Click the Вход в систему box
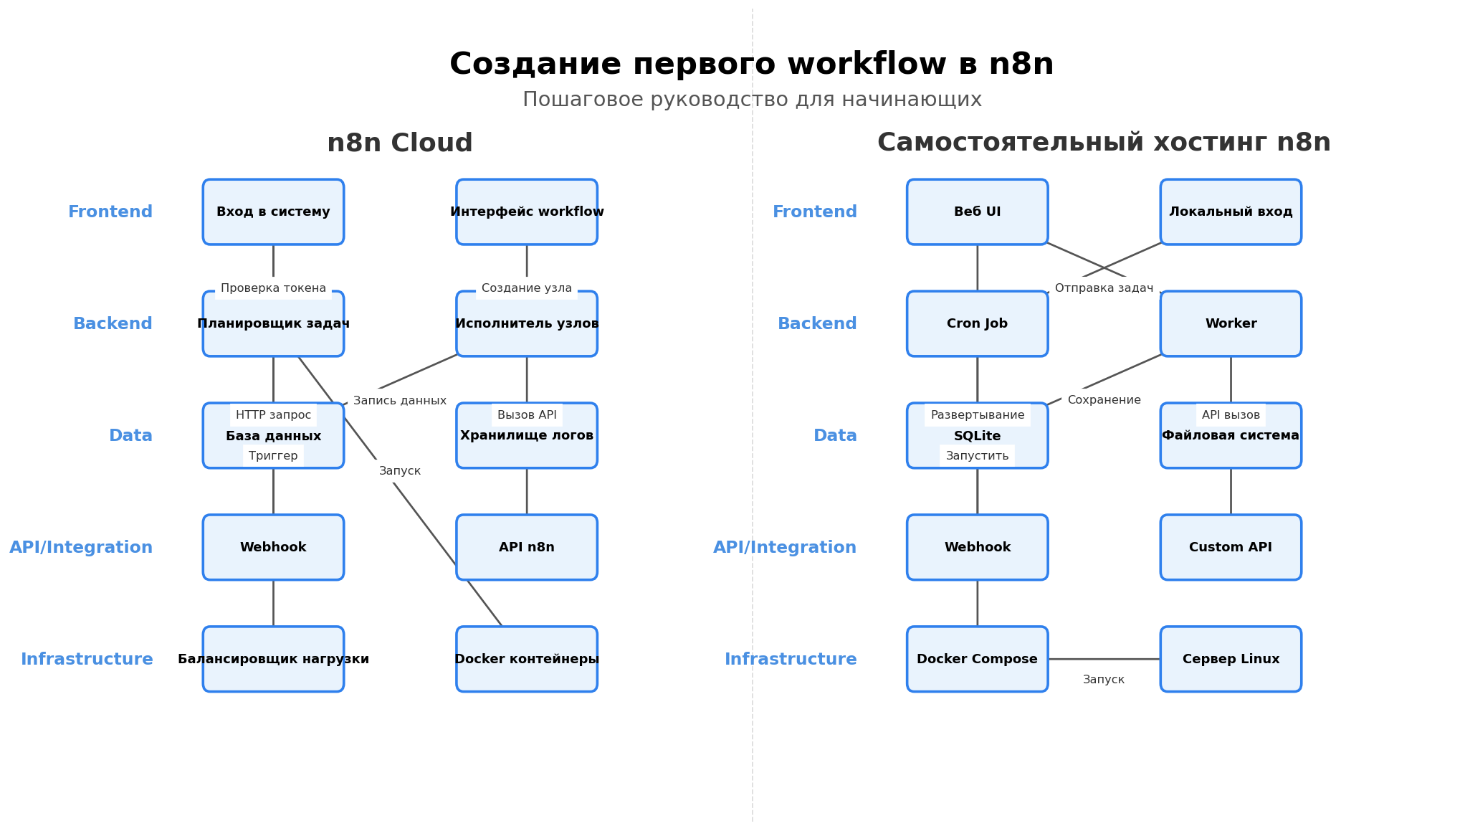pyautogui.click(x=273, y=212)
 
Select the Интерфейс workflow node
pyautogui.click(x=527, y=212)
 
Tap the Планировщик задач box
pyautogui.click(x=273, y=324)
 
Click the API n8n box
pyautogui.click(x=527, y=548)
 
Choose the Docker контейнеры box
pyautogui.click(x=527, y=660)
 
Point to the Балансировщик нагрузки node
pyautogui.click(x=273, y=660)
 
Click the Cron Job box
pyautogui.click(x=977, y=324)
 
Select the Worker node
pyautogui.click(x=1231, y=324)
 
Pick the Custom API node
pyautogui.click(x=1231, y=548)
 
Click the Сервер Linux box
pyautogui.click(x=1231, y=660)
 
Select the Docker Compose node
pyautogui.click(x=977, y=660)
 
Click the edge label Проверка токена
pyautogui.click(x=273, y=288)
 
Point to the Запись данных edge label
pyautogui.click(x=399, y=401)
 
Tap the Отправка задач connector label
pyautogui.click(x=1104, y=288)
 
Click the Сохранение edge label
pyautogui.click(x=1104, y=400)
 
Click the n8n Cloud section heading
pyautogui.click(x=399, y=143)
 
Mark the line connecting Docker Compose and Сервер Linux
pyautogui.click(x=1104, y=659)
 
